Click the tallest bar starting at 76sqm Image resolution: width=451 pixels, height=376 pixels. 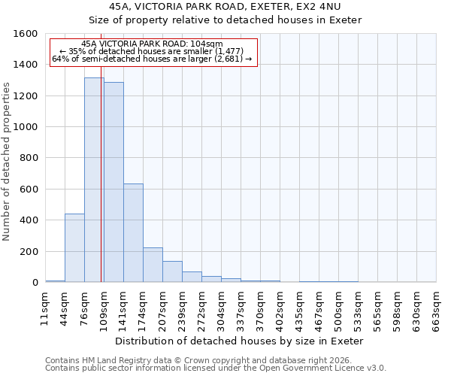click(x=93, y=180)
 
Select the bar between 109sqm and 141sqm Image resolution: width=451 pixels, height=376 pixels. click(x=114, y=183)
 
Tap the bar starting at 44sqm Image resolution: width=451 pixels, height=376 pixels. click(x=74, y=248)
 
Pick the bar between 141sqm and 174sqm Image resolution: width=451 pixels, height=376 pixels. click(x=133, y=233)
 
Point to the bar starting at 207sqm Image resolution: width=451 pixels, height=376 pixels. click(x=172, y=271)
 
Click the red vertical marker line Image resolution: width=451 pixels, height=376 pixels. click(x=101, y=188)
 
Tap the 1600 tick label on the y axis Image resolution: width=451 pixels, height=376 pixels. click(x=26, y=34)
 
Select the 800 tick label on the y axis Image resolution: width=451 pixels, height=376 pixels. click(x=29, y=158)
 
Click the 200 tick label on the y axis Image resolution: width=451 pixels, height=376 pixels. click(x=29, y=251)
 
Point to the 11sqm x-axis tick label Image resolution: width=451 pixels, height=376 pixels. click(x=45, y=308)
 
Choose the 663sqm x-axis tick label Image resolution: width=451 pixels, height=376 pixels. click(x=436, y=308)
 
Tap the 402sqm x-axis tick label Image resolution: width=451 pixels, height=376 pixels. click(x=280, y=308)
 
